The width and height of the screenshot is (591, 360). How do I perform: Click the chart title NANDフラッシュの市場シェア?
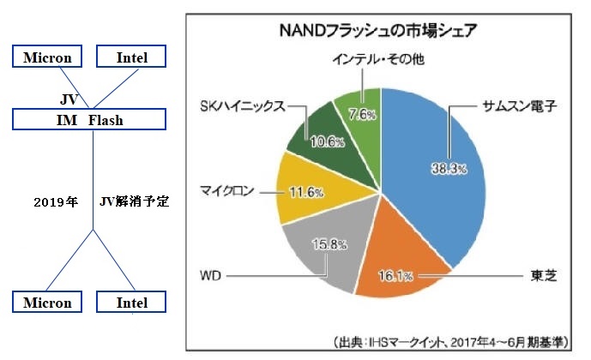(x=378, y=32)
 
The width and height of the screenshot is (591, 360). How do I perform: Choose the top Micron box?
(x=48, y=58)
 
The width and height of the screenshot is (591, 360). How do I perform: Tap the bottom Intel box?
(x=133, y=303)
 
